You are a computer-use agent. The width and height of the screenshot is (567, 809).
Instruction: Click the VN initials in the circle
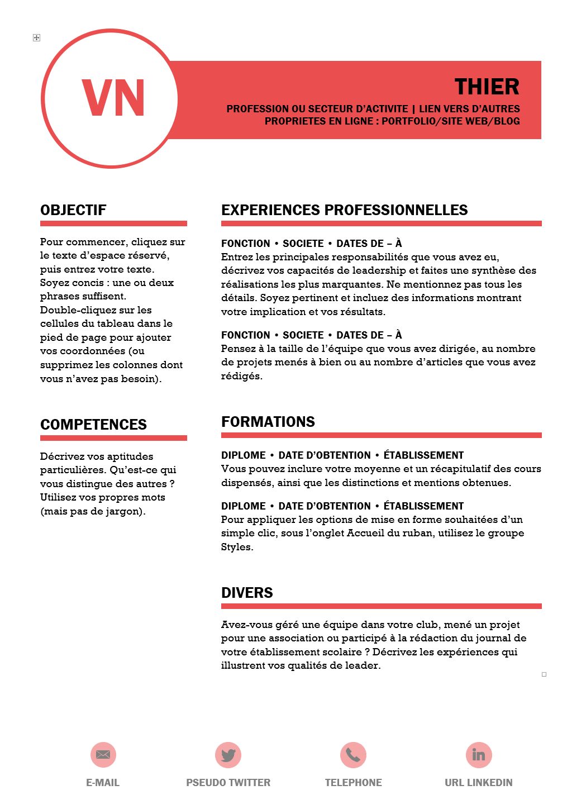[113, 98]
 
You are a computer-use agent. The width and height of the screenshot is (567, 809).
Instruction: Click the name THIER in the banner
[487, 87]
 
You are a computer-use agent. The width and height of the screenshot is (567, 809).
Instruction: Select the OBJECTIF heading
[73, 210]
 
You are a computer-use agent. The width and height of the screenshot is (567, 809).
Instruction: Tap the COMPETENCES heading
[93, 425]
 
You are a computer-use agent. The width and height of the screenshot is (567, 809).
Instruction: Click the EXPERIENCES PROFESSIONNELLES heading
[344, 210]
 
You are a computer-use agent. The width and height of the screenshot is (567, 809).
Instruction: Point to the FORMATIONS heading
[268, 422]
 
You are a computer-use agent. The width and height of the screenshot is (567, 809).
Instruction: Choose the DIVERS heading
[247, 593]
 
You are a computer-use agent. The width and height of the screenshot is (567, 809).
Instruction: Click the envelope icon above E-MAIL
[103, 755]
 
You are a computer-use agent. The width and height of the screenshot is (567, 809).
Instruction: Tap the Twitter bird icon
[228, 755]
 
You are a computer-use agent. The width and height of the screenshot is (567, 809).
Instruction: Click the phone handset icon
[353, 755]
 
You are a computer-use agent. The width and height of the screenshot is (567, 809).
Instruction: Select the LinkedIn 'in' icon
[479, 755]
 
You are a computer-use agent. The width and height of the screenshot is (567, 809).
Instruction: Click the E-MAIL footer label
[103, 783]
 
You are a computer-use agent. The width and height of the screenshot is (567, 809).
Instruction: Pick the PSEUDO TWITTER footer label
[228, 783]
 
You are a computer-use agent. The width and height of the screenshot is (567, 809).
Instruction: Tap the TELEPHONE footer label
[353, 783]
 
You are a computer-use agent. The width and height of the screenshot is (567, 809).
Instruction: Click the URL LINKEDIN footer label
[478, 783]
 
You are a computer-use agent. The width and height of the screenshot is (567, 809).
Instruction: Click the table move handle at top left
[36, 37]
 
